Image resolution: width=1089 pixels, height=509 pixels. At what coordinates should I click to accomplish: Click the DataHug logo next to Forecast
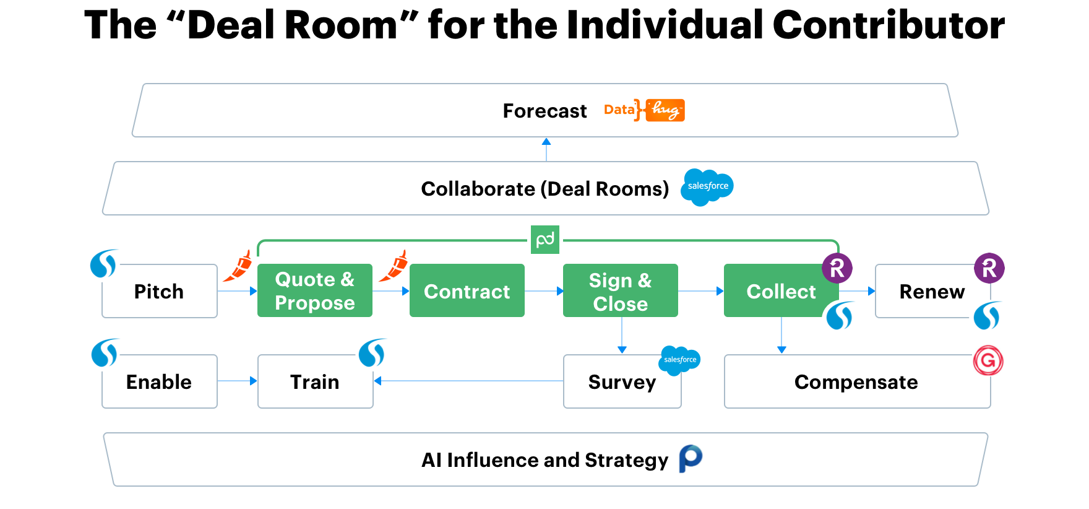pos(644,110)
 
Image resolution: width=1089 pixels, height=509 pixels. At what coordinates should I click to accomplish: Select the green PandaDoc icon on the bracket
pos(545,240)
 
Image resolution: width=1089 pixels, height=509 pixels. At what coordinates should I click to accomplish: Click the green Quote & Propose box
pos(315,290)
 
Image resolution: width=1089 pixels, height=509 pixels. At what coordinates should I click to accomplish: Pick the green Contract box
pos(467,290)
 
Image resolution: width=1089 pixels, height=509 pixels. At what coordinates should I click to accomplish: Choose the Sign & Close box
pos(621,290)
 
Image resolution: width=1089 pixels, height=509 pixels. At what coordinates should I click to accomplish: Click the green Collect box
pos(781,290)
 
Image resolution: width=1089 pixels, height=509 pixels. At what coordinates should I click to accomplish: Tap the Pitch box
pos(160,291)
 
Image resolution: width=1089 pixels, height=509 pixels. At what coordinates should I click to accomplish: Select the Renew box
pos(933,291)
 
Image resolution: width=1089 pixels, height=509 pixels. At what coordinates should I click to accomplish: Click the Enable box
pos(160,381)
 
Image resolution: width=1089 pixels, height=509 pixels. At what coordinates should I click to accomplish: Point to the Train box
pos(316,381)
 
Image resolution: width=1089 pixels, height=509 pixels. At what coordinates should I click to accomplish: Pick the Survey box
pos(622,381)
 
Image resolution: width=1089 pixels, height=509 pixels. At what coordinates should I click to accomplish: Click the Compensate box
pos(858,381)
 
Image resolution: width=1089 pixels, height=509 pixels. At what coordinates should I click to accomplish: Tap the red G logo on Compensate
pos(988,360)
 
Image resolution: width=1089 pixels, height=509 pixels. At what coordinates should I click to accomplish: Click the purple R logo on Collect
pos(837,268)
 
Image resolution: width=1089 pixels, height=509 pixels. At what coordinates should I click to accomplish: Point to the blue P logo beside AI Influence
pos(691,459)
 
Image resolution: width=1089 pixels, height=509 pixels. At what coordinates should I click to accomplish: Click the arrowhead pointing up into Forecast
pos(546,142)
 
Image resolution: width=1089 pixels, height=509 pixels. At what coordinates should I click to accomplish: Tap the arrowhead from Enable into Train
pos(253,381)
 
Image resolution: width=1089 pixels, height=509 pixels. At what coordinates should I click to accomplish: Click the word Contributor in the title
pos(889,25)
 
